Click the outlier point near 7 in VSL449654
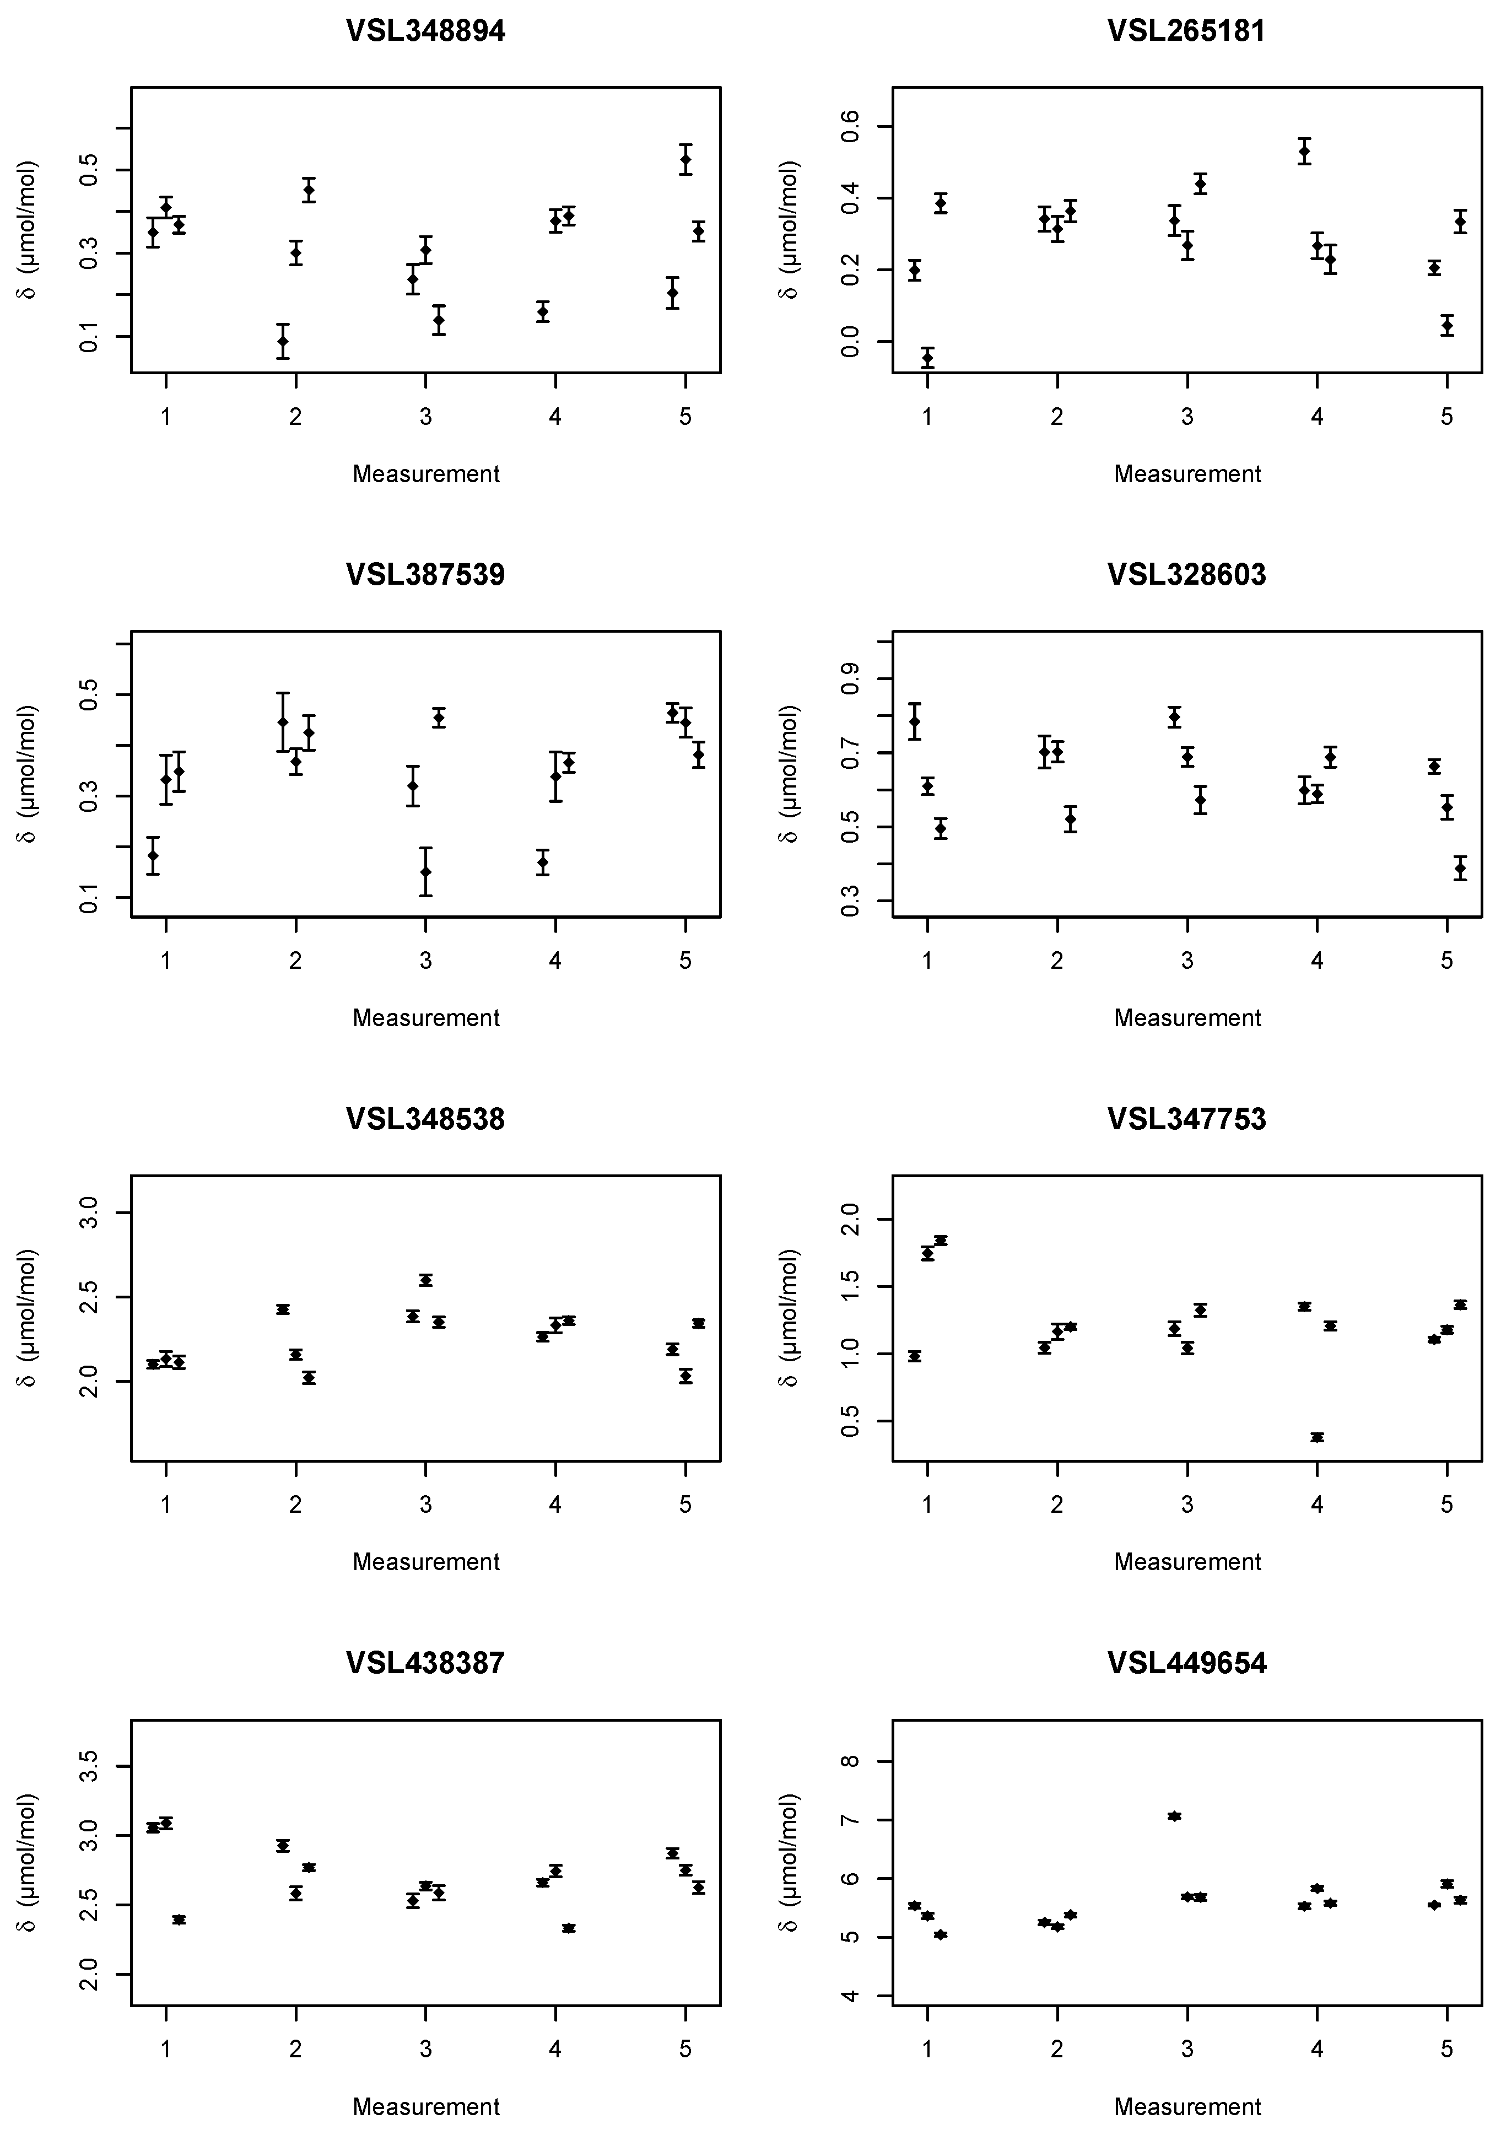[1174, 1816]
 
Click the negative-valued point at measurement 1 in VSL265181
[927, 357]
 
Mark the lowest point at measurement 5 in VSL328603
[1460, 869]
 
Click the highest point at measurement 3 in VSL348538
[426, 1280]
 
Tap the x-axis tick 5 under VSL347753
[1446, 1505]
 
